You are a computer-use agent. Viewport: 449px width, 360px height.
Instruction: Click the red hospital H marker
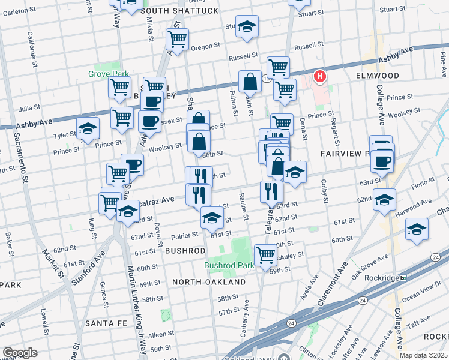pyautogui.click(x=320, y=76)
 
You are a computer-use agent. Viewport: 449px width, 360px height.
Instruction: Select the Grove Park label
pyautogui.click(x=109, y=74)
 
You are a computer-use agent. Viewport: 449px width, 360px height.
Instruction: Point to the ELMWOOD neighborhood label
pyautogui.click(x=377, y=76)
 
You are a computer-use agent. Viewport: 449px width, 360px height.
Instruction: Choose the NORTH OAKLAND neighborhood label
pyautogui.click(x=209, y=281)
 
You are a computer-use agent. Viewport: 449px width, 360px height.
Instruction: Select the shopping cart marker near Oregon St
pyautogui.click(x=177, y=40)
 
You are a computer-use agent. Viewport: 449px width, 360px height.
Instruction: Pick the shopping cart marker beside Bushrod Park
pyautogui.click(x=265, y=256)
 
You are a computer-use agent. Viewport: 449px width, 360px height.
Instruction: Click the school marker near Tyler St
pyautogui.click(x=88, y=129)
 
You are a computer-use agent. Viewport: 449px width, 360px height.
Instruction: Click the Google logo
pyautogui.click(x=20, y=353)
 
